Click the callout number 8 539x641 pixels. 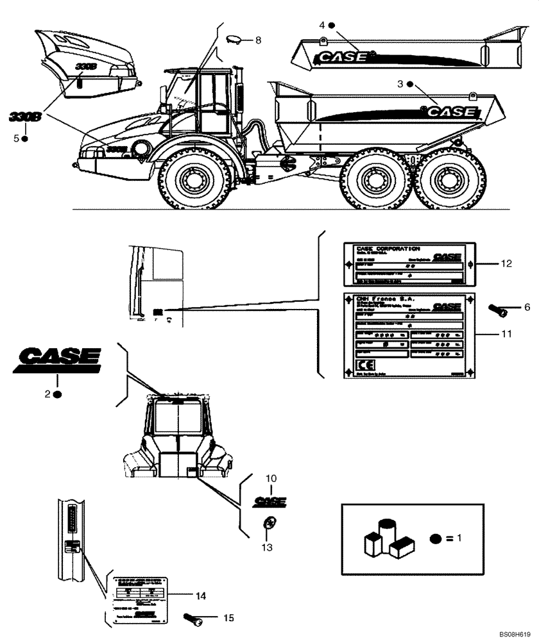[x=258, y=40]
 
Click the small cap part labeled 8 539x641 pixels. [x=234, y=39]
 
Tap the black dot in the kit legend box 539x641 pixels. [x=436, y=539]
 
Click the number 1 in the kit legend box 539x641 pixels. [x=459, y=539]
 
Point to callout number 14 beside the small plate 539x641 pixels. [x=201, y=595]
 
